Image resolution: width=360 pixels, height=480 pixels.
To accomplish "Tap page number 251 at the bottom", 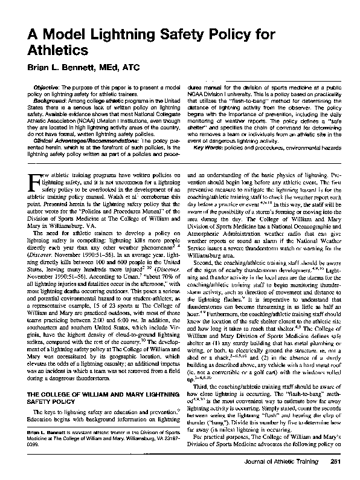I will (337, 462).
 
